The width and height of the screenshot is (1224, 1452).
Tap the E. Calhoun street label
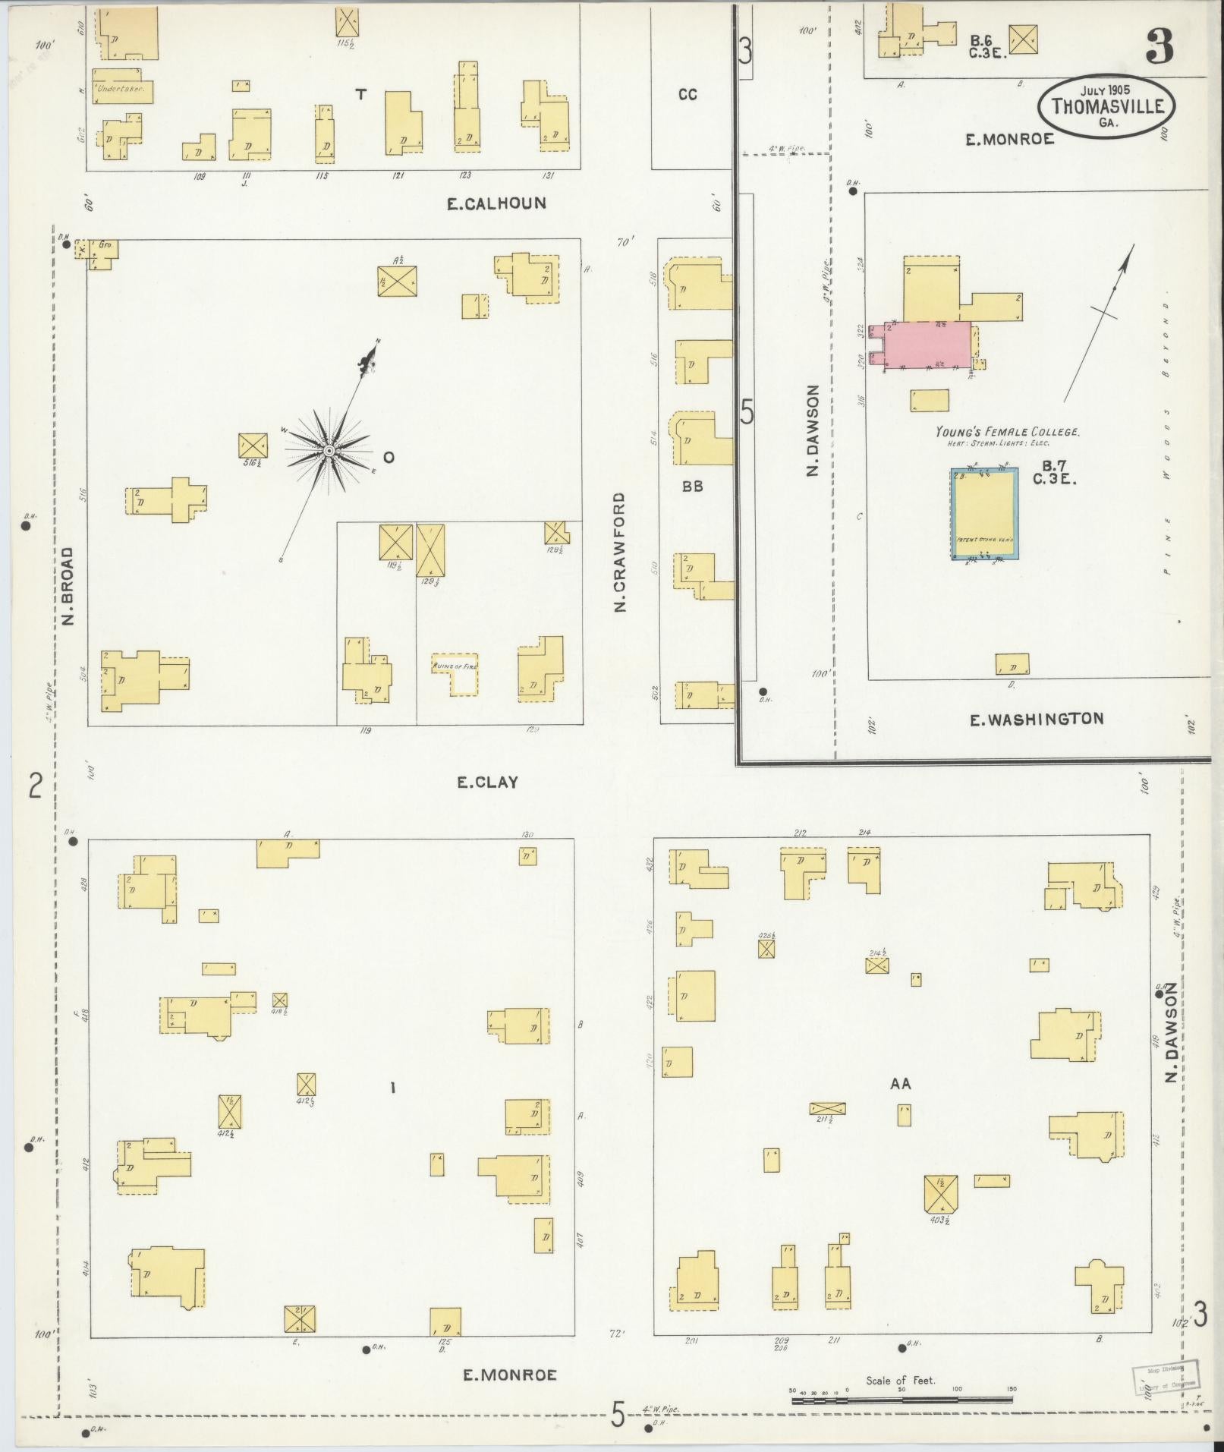pyautogui.click(x=496, y=203)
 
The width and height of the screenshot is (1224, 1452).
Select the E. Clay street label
pyautogui.click(x=487, y=782)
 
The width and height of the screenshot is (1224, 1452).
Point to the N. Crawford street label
pyautogui.click(x=620, y=552)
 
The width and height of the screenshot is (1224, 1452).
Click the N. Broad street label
pyautogui.click(x=69, y=586)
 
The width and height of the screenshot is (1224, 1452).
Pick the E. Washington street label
pyautogui.click(x=1037, y=718)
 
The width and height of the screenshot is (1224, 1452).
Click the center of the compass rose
pyautogui.click(x=329, y=451)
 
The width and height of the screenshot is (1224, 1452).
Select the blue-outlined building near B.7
pyautogui.click(x=984, y=514)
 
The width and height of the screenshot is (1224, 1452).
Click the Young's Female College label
pyautogui.click(x=1007, y=431)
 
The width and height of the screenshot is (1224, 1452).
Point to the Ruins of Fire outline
pyautogui.click(x=455, y=673)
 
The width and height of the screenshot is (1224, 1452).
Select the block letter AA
pyautogui.click(x=900, y=1084)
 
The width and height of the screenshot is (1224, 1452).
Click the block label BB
pyautogui.click(x=692, y=487)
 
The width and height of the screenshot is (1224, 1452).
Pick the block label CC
pyautogui.click(x=688, y=94)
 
